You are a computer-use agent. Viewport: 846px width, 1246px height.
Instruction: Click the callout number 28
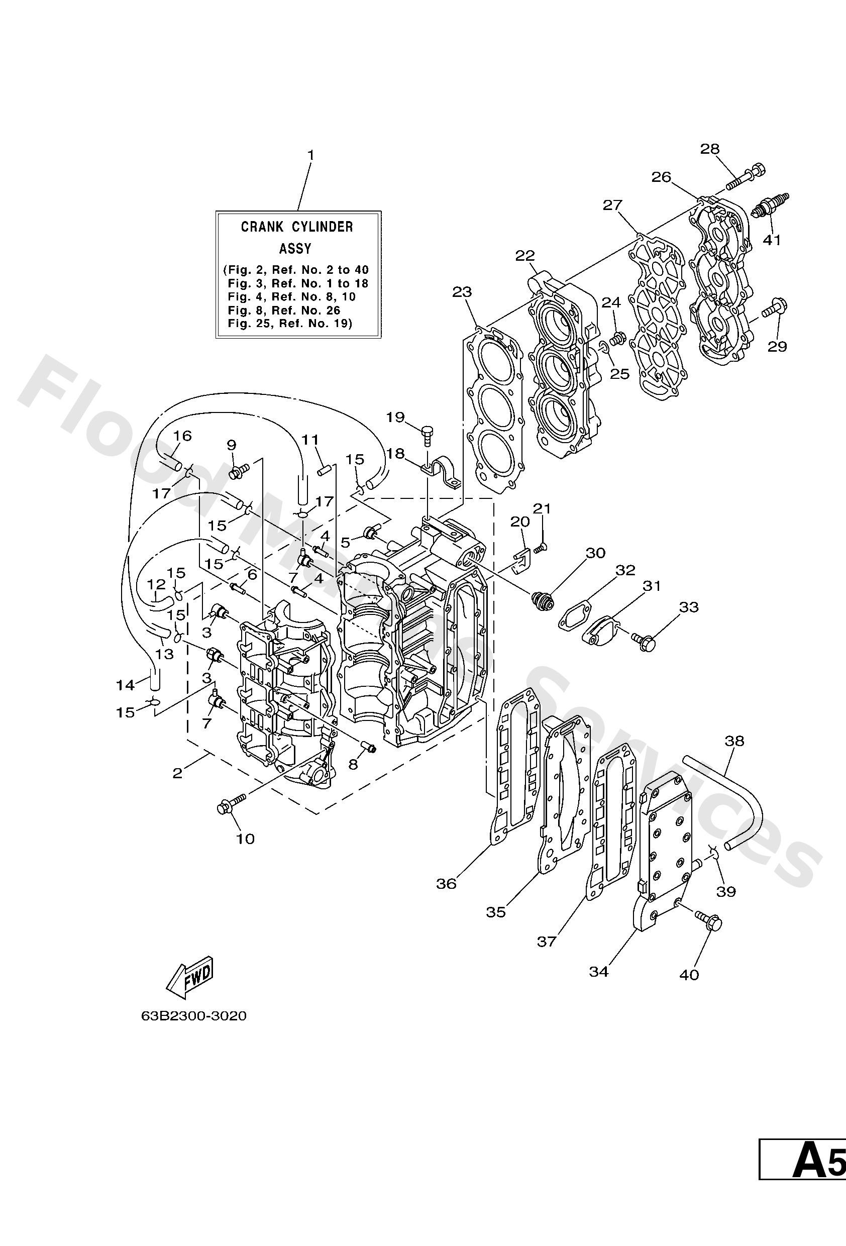click(x=710, y=149)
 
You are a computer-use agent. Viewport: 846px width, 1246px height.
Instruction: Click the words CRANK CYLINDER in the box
click(x=297, y=227)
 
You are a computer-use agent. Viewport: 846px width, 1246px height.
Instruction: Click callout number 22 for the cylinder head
click(x=525, y=256)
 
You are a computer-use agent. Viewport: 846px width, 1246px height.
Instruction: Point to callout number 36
click(x=446, y=883)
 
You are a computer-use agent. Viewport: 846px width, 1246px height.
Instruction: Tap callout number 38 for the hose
click(x=734, y=741)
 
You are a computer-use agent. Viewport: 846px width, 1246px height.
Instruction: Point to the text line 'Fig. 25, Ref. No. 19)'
click(x=289, y=324)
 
